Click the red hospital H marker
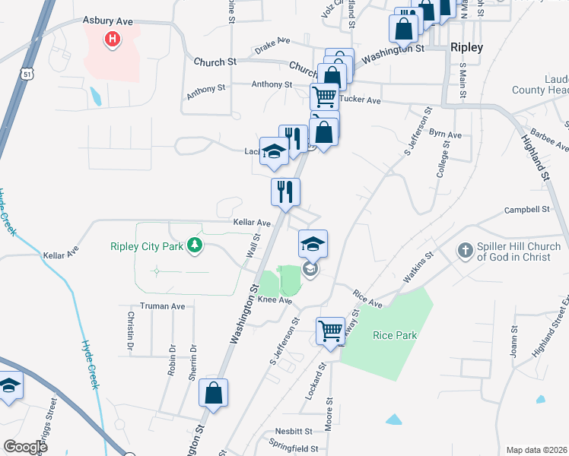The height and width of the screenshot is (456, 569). point(113,38)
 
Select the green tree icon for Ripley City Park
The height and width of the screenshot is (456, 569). point(195,245)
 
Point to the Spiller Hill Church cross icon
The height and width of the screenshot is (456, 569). point(465,250)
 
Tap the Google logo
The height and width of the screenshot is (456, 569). point(26,446)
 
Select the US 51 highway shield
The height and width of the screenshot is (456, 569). point(27,74)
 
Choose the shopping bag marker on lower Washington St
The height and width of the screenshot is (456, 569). point(214,393)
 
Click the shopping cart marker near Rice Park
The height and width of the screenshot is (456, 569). point(330,331)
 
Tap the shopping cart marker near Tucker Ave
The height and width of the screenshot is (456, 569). point(325,97)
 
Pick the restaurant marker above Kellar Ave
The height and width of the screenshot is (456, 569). point(285,192)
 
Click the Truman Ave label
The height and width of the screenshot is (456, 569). point(167,306)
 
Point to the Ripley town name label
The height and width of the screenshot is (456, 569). point(466,47)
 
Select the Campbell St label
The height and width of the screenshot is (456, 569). point(527,209)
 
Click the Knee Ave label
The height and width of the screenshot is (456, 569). point(275,300)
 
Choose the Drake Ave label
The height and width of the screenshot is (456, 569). point(273,40)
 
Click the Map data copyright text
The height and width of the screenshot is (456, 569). point(536,450)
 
